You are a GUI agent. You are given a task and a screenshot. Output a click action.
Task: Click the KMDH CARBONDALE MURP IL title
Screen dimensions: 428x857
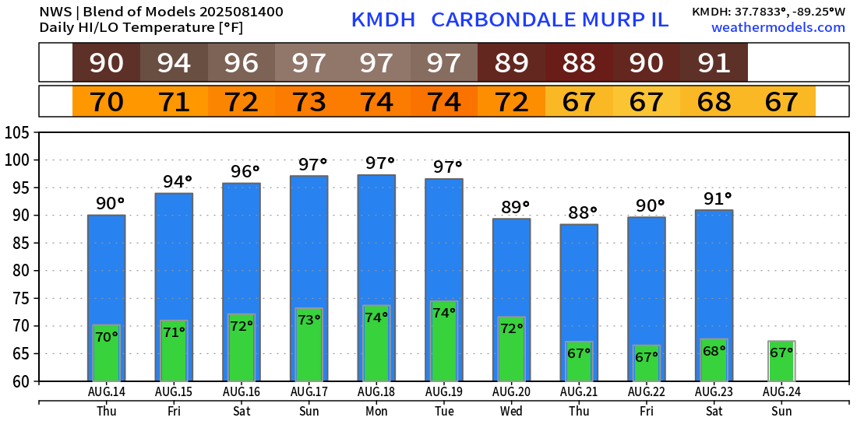[x=510, y=20]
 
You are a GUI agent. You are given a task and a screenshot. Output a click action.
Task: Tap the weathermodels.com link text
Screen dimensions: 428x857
[x=778, y=27]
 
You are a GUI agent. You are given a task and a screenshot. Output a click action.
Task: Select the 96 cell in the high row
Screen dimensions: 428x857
[x=242, y=62]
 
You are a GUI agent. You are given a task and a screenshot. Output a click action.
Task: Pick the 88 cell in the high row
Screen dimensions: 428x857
[x=579, y=62]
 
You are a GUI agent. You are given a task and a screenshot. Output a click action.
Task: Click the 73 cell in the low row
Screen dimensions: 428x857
[x=309, y=102]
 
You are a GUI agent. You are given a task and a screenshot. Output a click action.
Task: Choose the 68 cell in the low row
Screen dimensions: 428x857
[x=714, y=102]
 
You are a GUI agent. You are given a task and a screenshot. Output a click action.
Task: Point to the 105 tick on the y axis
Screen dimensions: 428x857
[x=18, y=133]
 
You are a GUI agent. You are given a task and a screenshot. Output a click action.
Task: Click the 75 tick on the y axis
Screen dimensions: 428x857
[x=21, y=299]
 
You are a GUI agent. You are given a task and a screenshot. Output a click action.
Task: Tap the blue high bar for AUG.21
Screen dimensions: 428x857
[x=579, y=280]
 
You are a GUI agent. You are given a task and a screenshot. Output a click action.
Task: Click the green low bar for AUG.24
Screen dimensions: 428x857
[x=781, y=361]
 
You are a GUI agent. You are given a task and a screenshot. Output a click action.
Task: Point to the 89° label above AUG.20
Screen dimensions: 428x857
[x=515, y=207]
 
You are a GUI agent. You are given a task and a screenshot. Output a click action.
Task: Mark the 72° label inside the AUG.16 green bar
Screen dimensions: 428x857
[x=242, y=326]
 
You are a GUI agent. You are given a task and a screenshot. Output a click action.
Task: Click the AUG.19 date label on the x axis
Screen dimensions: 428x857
[x=444, y=391]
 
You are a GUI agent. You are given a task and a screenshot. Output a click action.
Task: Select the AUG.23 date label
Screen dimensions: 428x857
[x=714, y=391]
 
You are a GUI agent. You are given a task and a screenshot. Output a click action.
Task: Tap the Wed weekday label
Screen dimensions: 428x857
[x=511, y=411]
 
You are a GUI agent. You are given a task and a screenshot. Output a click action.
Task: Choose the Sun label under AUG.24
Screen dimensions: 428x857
[x=781, y=411]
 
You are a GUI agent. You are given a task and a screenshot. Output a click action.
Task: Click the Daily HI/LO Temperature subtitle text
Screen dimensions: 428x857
[x=141, y=28]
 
